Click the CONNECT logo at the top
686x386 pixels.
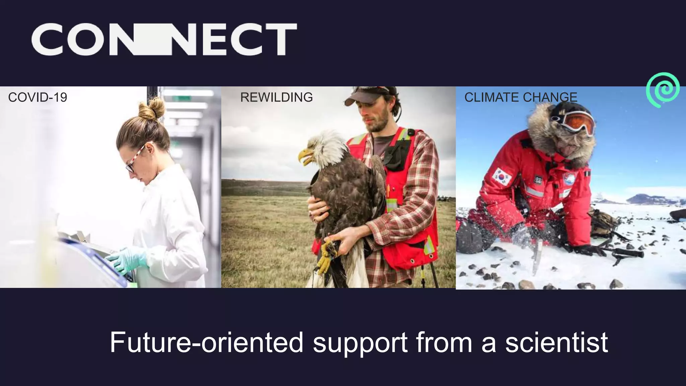point(164,39)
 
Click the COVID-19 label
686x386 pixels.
point(38,98)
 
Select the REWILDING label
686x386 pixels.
point(276,97)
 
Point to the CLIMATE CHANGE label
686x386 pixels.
point(521,98)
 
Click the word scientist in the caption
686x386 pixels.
point(556,342)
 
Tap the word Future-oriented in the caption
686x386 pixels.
point(206,342)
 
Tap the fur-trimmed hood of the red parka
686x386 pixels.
point(549,134)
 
